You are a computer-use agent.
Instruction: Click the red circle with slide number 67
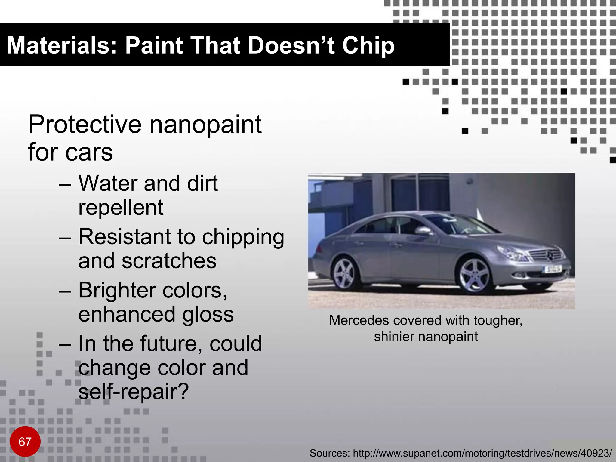tap(25, 442)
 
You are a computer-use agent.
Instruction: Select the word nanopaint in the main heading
tap(205, 125)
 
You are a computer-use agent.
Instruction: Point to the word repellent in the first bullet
tap(121, 208)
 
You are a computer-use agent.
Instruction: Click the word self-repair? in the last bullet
tap(134, 392)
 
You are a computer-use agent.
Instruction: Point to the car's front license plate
tap(552, 269)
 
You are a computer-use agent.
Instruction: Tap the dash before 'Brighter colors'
tap(65, 291)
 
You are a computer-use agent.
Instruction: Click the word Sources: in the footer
tap(329, 453)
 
